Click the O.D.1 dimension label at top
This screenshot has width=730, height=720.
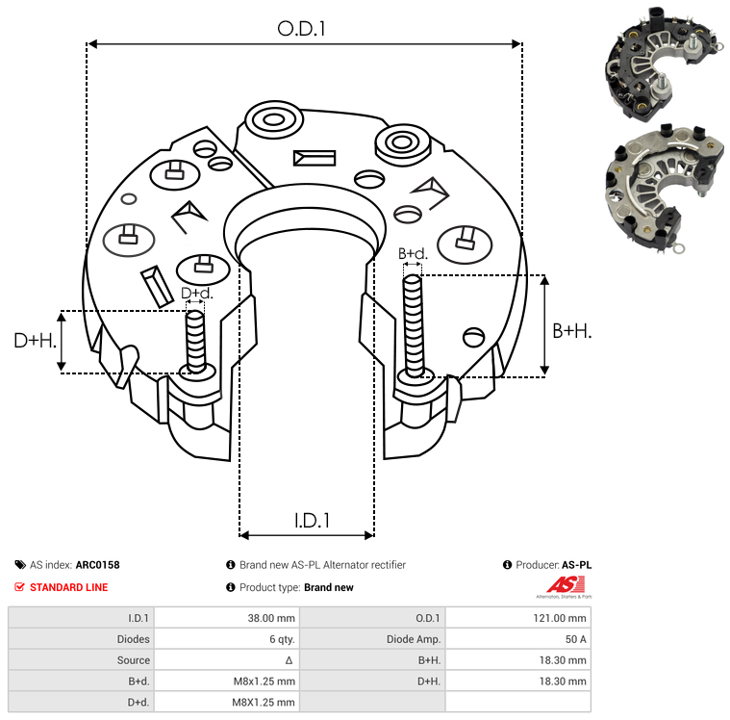pyautogui.click(x=302, y=29)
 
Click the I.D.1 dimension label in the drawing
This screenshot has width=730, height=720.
pyautogui.click(x=312, y=521)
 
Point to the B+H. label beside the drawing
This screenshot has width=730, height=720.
pyautogui.click(x=571, y=330)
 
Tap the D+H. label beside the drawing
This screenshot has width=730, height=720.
pyautogui.click(x=35, y=341)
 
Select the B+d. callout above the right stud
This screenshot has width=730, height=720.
pyautogui.click(x=412, y=254)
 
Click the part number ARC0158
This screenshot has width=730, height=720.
pyautogui.click(x=97, y=565)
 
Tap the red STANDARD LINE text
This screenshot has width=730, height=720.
pyautogui.click(x=69, y=587)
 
